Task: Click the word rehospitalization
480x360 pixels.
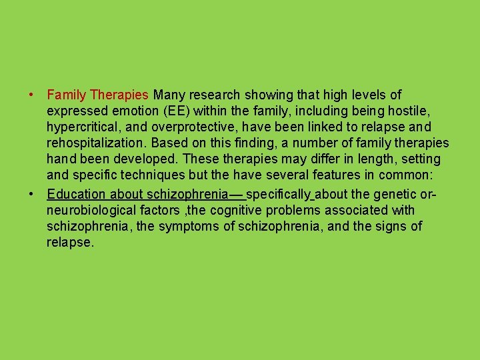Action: tap(96, 143)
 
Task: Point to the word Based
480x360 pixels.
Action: tap(167, 143)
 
